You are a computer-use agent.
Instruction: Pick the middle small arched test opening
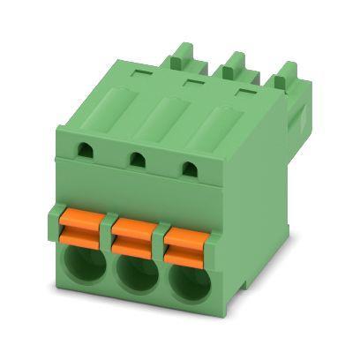(137, 160)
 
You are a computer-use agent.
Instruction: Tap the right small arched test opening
(186, 168)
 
